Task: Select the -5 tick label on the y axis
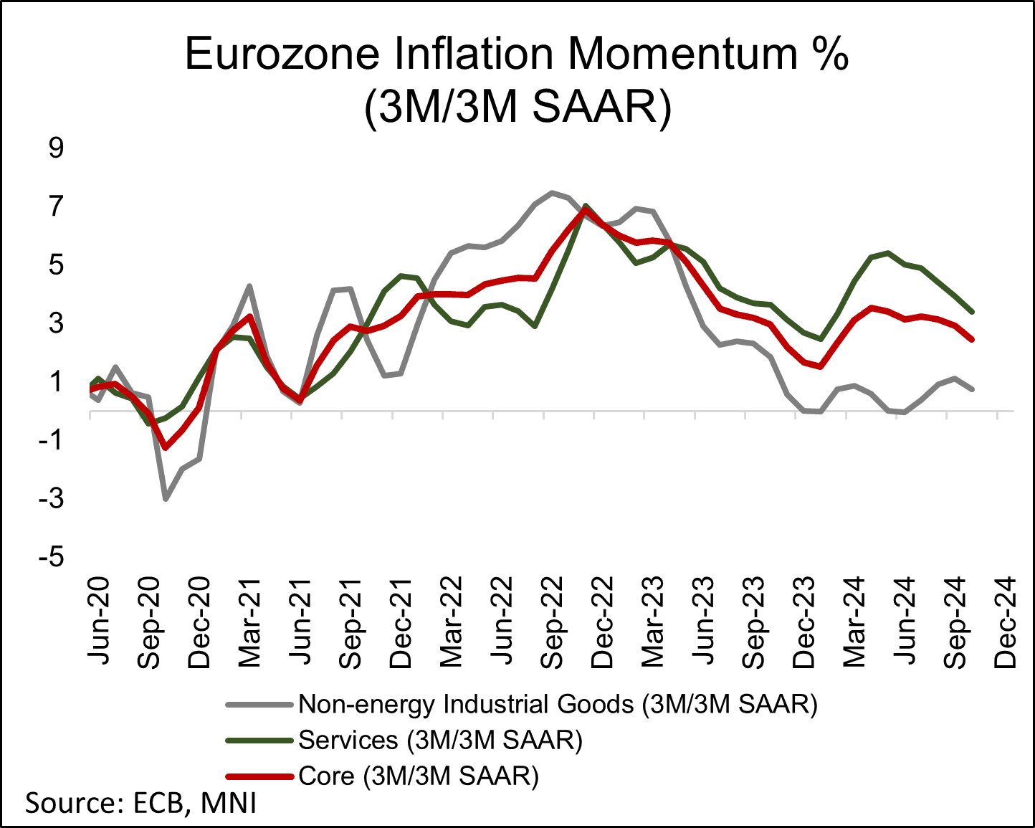51,557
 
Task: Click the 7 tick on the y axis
56,207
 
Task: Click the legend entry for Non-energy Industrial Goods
558,704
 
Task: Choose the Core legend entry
418,776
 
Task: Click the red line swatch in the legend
259,776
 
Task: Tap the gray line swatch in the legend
259,705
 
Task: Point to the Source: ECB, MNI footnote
141,803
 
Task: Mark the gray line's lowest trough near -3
166,499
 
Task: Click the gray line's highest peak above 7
551,192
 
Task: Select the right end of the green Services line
972,312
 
